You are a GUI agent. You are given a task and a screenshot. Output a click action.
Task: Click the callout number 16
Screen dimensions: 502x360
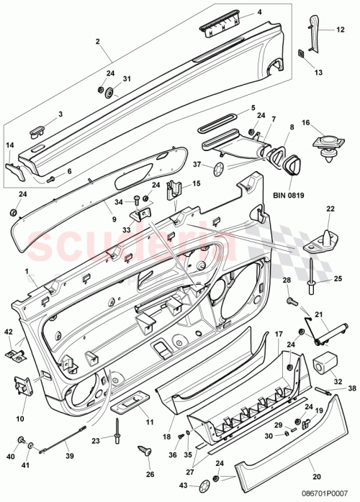tap(305, 124)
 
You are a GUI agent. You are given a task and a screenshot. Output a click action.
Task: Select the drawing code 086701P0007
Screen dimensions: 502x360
tap(324, 495)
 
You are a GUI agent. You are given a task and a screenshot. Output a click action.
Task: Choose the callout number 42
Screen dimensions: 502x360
tap(9, 332)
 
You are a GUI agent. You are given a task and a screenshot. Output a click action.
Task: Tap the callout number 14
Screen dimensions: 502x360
tap(10, 145)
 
